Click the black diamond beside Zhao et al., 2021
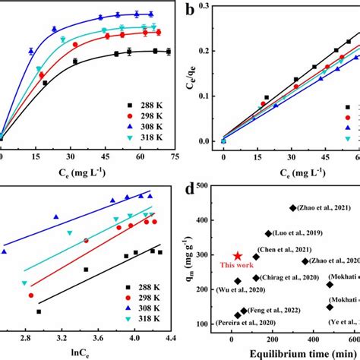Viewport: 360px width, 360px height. pyautogui.click(x=294, y=207)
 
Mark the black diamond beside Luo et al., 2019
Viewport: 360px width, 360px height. pyautogui.click(x=268, y=234)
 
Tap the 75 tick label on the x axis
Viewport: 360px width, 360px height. pyautogui.click(x=174, y=156)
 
